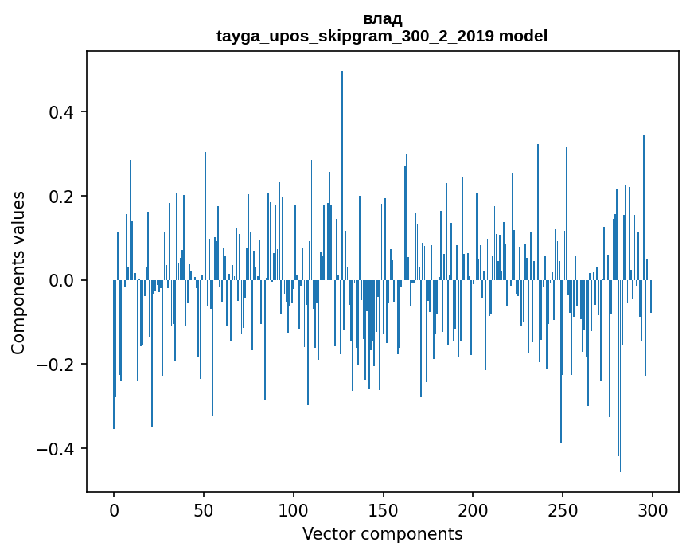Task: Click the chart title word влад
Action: click(x=382, y=19)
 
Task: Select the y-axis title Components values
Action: click(x=18, y=272)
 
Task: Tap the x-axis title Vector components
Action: click(x=382, y=533)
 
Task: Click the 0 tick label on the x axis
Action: click(x=114, y=509)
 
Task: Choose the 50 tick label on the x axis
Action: click(x=204, y=509)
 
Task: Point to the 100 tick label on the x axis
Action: click(x=294, y=509)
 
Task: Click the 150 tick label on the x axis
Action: click(x=384, y=509)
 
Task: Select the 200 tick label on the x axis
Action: click(x=474, y=509)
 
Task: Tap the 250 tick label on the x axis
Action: click(x=563, y=509)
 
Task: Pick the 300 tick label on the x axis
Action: click(x=653, y=509)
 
